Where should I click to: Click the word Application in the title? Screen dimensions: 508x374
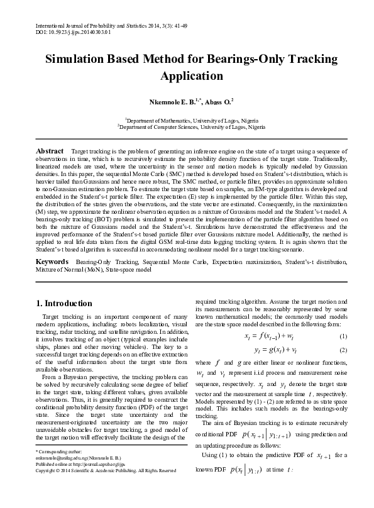tap(187, 77)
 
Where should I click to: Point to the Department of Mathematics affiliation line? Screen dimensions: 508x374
tap(187, 119)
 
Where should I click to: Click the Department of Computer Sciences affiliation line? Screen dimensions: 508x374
tap(187, 126)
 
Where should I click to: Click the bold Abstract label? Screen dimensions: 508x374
tap(50, 152)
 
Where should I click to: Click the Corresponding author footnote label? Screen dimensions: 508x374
tap(55, 470)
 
